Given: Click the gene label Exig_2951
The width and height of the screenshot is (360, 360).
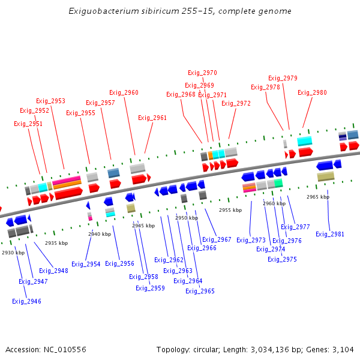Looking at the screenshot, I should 28,124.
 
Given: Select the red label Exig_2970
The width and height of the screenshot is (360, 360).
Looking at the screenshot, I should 202,73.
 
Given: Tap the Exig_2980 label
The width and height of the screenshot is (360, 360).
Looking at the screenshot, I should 312,92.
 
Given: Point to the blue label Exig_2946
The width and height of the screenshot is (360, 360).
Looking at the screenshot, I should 26,301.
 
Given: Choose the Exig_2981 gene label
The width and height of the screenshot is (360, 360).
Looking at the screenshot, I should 330,234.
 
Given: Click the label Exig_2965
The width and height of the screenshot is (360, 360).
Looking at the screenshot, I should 200,291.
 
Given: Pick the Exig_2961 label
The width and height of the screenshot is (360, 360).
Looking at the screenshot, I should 152,118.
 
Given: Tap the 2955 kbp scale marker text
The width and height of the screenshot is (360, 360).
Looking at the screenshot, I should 230,210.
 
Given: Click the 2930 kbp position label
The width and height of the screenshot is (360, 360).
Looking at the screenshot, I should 13,253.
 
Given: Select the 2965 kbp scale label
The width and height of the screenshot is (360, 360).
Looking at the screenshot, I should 317,197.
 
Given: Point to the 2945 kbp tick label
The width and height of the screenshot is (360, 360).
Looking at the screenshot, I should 143,226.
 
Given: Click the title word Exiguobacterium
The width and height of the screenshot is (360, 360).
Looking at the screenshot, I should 100,11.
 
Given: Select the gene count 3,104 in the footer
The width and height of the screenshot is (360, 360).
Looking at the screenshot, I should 343,349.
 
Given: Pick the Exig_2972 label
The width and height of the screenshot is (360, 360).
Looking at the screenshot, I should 236,103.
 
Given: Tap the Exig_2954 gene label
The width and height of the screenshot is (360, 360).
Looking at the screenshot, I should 86,264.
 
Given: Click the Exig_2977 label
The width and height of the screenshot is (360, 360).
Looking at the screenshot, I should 295,227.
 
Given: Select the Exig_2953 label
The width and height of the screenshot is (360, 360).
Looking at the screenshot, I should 50,101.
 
